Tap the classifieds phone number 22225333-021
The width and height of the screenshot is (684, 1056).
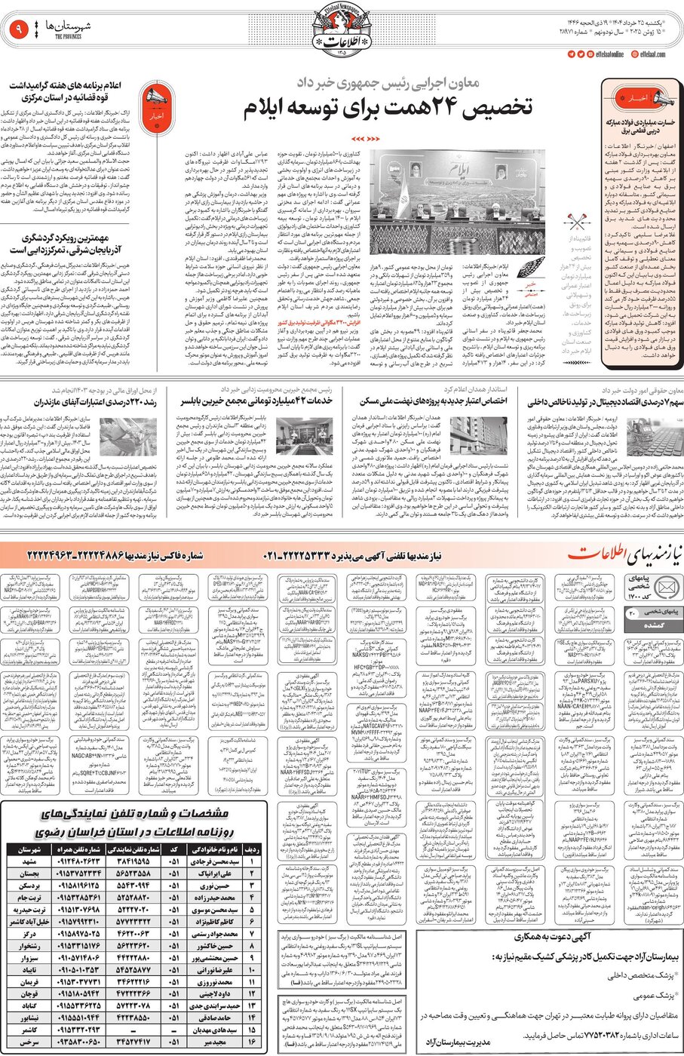pyautogui.click(x=315, y=556)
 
